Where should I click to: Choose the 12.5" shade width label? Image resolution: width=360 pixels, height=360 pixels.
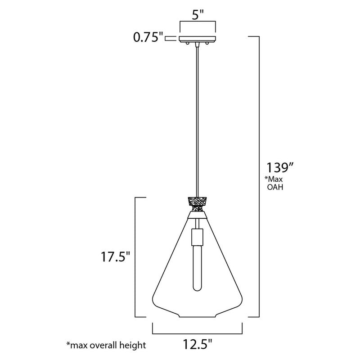pos(198,345)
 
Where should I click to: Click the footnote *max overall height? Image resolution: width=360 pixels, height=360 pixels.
pos(106,346)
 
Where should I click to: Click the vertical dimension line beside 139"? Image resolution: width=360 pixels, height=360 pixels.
pos(259,175)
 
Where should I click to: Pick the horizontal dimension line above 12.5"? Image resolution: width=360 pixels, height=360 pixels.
pos(198,333)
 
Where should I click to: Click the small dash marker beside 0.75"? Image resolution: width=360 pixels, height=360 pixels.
pos(170,39)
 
